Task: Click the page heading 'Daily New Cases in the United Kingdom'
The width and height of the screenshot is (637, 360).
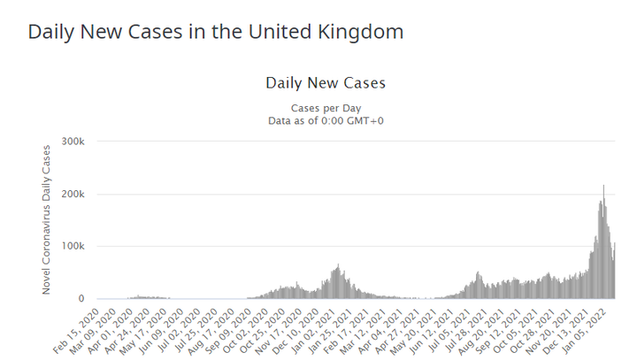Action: point(216,33)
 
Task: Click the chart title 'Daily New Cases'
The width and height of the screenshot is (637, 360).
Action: point(326,83)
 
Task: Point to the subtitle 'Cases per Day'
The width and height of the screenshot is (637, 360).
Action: point(326,107)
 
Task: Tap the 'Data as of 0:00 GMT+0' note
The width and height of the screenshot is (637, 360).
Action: point(326,120)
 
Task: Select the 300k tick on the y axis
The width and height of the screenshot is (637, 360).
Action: point(72,142)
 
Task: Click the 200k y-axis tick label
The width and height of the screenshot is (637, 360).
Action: point(72,194)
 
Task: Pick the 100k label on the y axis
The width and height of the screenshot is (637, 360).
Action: point(72,246)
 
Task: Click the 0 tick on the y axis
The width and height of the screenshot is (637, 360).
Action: point(81,299)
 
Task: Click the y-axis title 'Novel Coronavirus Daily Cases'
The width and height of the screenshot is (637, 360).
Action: point(47,219)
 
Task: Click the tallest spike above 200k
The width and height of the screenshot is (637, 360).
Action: point(603,187)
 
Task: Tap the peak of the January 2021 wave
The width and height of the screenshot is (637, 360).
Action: point(338,264)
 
